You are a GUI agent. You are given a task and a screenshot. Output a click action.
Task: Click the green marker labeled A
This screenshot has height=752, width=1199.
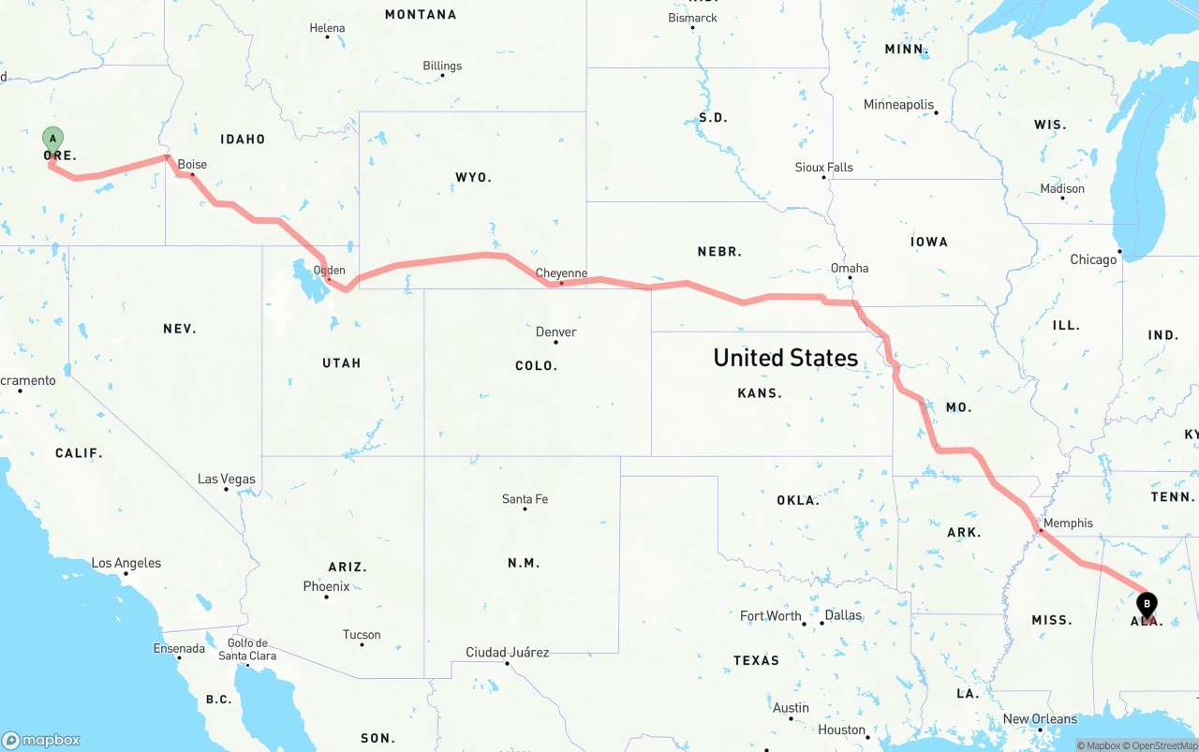click(53, 140)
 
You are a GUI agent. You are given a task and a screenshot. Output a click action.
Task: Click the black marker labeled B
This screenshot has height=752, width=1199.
click(1147, 605)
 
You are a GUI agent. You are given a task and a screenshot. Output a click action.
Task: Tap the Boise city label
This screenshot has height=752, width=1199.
click(192, 164)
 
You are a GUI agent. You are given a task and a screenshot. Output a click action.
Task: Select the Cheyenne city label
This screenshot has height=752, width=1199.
click(561, 273)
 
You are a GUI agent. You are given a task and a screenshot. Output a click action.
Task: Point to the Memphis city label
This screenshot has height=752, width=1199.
click(1068, 523)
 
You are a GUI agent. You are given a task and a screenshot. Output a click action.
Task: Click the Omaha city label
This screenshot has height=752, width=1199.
click(850, 268)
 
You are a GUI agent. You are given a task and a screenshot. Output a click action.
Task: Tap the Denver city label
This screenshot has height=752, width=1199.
click(556, 332)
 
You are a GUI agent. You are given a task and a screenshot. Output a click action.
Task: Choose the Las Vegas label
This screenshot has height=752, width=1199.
click(227, 479)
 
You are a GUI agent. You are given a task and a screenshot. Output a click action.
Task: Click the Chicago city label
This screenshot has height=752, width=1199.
click(1094, 259)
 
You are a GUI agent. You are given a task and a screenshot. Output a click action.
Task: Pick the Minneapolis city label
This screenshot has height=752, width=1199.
click(898, 104)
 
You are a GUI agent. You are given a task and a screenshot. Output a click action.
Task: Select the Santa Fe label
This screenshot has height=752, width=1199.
click(525, 499)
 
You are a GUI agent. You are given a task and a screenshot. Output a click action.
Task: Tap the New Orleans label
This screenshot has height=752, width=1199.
click(1040, 719)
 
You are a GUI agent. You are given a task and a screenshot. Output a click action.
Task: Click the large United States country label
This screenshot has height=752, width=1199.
click(785, 358)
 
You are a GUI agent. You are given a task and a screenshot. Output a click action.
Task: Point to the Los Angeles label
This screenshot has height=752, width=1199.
click(126, 563)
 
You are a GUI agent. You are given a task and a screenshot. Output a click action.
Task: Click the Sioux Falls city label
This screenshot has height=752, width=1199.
click(824, 167)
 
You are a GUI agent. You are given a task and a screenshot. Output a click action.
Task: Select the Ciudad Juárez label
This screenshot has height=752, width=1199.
click(507, 652)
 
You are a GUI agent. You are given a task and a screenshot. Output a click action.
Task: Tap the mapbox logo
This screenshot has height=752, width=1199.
click(41, 740)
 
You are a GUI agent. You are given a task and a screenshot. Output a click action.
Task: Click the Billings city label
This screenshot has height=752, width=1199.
click(442, 66)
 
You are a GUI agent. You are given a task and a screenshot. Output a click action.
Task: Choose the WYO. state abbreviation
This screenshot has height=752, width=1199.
click(473, 177)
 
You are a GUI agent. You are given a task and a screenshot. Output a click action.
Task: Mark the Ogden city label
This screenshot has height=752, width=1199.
click(329, 271)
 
